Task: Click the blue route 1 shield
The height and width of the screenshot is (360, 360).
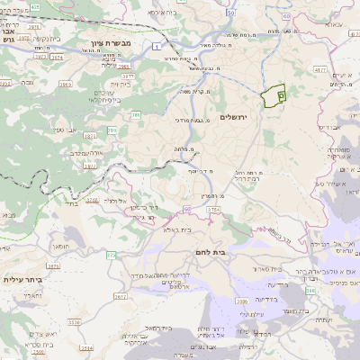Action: point(158,45)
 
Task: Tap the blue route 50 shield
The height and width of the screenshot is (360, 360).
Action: point(231,13)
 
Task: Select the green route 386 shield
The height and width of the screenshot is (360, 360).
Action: point(136,114)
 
